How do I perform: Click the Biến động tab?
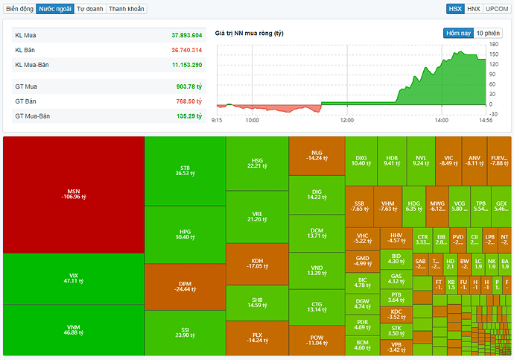click(19, 9)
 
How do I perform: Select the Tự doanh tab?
click(89, 9)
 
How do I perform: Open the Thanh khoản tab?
click(126, 9)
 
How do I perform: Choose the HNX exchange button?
click(474, 9)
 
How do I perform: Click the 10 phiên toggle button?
click(487, 33)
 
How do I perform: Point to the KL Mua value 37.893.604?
click(186, 35)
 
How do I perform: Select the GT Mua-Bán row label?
click(32, 116)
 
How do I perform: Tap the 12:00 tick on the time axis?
click(346, 119)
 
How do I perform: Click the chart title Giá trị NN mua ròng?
click(249, 34)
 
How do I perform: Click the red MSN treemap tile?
click(73, 195)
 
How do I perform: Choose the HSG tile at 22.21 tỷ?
click(256, 162)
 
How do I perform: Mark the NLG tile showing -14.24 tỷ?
click(316, 155)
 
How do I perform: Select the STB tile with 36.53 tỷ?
click(185, 171)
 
